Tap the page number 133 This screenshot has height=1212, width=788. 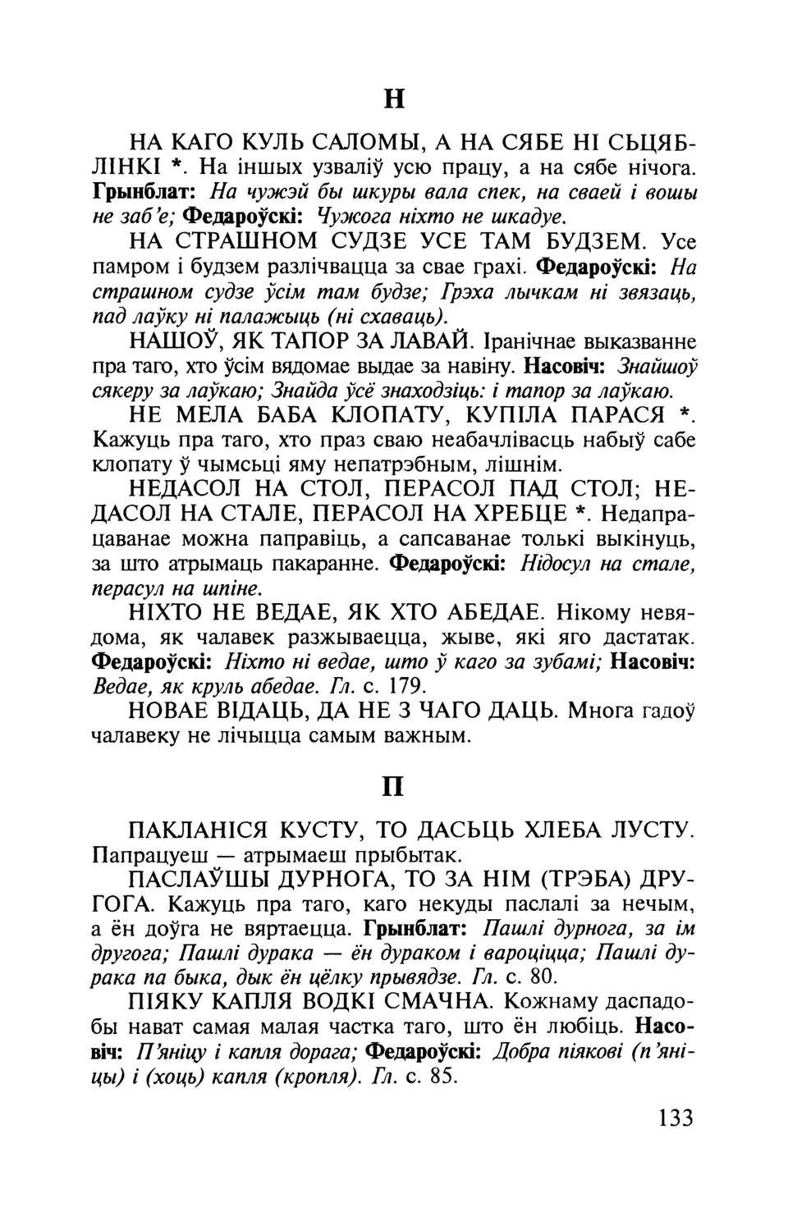[x=675, y=1117]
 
